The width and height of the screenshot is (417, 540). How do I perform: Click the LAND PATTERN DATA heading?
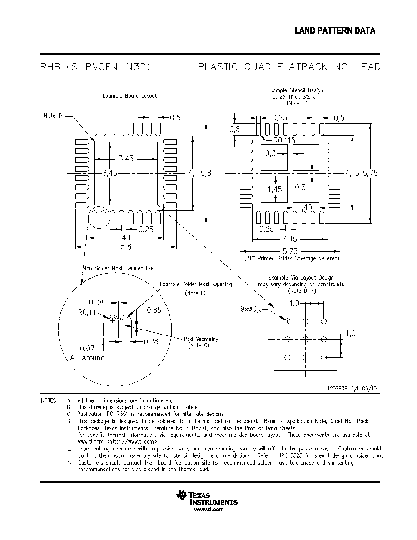pos(335,30)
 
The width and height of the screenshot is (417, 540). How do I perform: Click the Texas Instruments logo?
pos(206,498)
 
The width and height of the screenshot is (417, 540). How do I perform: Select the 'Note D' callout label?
pos(53,116)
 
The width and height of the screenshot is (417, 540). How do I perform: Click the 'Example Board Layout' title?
pos(130,96)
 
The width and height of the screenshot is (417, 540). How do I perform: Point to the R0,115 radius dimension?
pos(284,140)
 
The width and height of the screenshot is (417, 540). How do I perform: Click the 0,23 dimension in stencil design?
pos(280,118)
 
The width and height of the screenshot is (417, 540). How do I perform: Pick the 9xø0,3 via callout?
pos(252,309)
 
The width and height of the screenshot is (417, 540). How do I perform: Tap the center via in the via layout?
pos(306,339)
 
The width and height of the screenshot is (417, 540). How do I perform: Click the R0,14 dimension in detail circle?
pos(87,313)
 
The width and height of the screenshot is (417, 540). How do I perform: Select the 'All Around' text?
pos(87,357)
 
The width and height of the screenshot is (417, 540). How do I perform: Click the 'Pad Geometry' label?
pos(201,339)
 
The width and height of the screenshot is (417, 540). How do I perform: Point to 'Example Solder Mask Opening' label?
pos(196,285)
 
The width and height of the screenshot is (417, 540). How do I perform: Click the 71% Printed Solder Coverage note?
pos(292,258)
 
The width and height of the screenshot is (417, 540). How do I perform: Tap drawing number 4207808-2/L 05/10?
pos(352,389)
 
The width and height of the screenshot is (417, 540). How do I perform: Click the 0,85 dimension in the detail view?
pos(154,310)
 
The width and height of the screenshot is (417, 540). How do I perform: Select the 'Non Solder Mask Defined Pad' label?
pos(119,268)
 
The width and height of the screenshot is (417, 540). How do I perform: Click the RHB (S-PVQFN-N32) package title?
pos(95,66)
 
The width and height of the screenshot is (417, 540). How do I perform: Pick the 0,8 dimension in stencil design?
pos(235,130)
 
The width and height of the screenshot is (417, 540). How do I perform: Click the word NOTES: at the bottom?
pos(49,400)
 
